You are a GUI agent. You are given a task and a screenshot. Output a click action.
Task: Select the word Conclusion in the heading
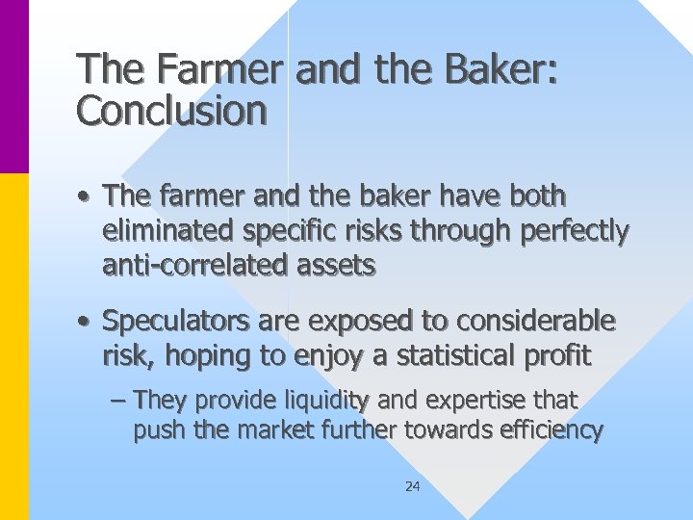pos(171,111)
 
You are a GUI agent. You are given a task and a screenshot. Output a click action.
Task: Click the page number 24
pos(412,487)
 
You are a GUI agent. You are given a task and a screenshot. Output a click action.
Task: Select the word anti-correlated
pos(192,266)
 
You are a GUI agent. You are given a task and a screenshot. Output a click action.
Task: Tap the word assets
pos(333,266)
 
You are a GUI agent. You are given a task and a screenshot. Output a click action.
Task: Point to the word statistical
pos(450,355)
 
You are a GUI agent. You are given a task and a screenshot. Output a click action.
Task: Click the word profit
pos(557,355)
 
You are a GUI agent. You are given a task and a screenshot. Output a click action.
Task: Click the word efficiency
pos(547,429)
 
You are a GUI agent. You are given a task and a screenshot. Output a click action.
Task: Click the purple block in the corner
pos(14,87)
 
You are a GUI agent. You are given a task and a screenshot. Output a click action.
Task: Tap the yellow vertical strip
pos(14,347)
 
